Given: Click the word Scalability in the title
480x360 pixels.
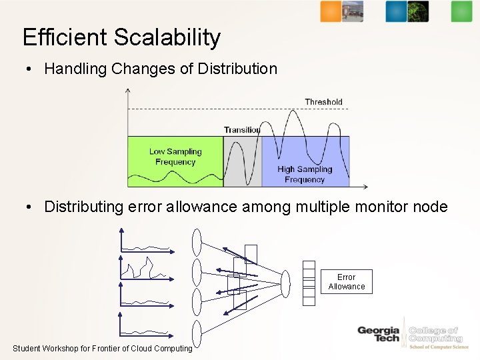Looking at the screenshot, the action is (x=167, y=37).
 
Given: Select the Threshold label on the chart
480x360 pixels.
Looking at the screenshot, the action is (x=323, y=102).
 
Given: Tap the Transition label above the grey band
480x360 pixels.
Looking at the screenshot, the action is (x=241, y=130).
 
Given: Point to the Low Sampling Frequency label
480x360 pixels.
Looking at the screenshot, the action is (x=175, y=157).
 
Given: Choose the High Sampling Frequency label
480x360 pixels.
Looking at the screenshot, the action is (x=304, y=174).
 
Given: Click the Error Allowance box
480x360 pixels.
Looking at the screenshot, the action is (x=346, y=282).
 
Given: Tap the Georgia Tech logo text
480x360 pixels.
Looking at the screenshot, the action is (x=378, y=334).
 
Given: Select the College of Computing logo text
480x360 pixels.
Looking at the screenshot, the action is (x=434, y=335).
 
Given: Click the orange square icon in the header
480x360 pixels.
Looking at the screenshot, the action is (x=330, y=11).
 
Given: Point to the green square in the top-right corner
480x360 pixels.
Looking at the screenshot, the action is (x=461, y=11).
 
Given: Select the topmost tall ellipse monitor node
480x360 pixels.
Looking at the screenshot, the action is (x=197, y=242).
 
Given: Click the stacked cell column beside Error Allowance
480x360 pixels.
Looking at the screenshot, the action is (x=309, y=283).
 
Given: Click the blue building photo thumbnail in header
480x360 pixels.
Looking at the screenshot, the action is (x=353, y=11).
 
